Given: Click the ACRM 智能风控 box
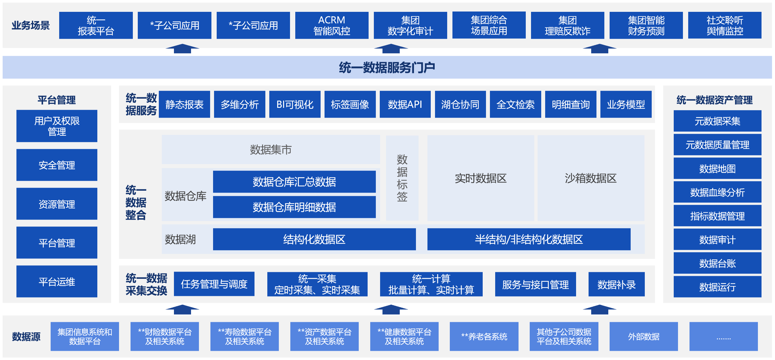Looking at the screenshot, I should (x=331, y=25).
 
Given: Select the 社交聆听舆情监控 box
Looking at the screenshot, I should (x=724, y=25).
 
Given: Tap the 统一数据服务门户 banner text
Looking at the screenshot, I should (x=387, y=67).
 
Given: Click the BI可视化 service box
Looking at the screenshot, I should (x=295, y=105).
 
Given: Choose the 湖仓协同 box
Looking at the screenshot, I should (x=460, y=105).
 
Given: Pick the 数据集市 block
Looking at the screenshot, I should (x=271, y=150).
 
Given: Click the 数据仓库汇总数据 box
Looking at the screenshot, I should (x=294, y=181).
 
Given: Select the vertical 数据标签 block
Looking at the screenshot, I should (x=402, y=178).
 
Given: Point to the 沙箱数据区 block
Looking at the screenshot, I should (x=591, y=178).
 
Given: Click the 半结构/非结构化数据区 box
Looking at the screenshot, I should (x=529, y=239).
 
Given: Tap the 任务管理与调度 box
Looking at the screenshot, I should (x=214, y=284).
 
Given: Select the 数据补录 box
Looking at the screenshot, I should (x=616, y=284).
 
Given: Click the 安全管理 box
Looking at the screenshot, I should (x=57, y=165).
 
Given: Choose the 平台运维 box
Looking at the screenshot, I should (x=57, y=281).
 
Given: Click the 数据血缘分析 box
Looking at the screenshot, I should (x=717, y=192).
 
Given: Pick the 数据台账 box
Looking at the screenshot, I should (x=717, y=263).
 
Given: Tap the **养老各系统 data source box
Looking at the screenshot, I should (x=484, y=336).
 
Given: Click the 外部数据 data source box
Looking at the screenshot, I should (x=643, y=336).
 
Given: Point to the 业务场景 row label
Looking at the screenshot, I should (x=31, y=25).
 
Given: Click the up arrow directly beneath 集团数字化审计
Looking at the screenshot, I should (x=391, y=49).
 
